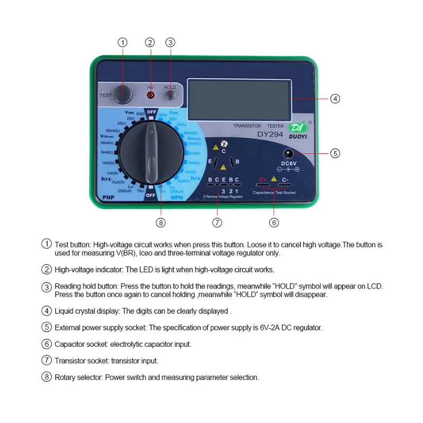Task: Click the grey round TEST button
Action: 123,95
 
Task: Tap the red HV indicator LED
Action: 150,96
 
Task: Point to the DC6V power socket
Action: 289,153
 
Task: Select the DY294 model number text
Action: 271,134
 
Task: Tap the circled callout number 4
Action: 335,98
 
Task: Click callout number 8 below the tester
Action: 161,223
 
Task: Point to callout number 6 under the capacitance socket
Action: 274,223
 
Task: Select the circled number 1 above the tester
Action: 123,42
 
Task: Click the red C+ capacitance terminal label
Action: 262,180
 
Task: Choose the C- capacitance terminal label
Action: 285,180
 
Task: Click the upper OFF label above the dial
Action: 152,112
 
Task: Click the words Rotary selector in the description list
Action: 79,378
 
